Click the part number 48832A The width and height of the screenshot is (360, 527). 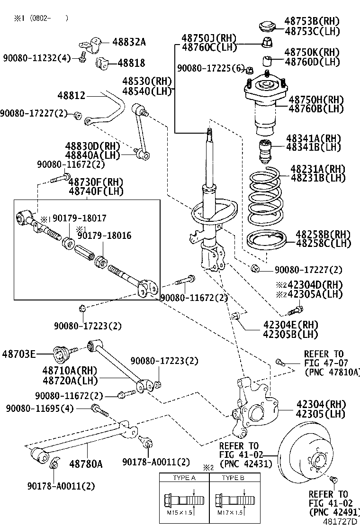click(x=129, y=42)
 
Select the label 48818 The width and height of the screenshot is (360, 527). click(x=131, y=63)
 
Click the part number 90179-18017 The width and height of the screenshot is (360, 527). click(x=79, y=218)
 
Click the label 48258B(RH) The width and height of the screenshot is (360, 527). click(x=323, y=235)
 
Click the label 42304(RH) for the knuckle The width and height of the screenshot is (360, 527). click(x=321, y=404)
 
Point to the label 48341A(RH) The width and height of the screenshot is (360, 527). click(x=313, y=138)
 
